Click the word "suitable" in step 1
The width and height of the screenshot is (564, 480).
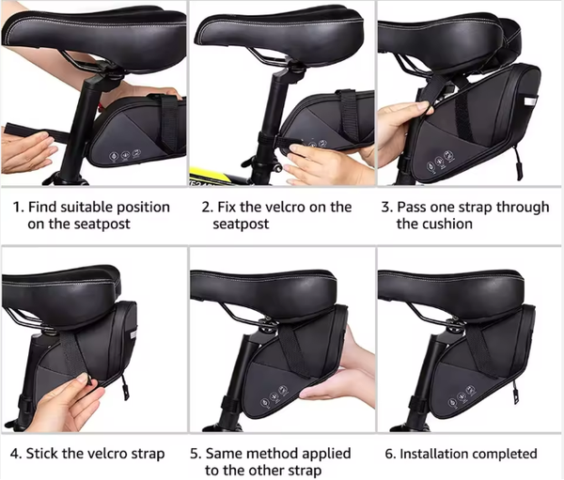(x=86, y=208)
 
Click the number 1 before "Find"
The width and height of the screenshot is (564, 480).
(x=18, y=208)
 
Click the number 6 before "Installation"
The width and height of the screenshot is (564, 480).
(x=390, y=454)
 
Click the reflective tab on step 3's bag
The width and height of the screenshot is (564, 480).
(x=530, y=101)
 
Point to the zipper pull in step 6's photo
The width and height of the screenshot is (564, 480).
(x=515, y=392)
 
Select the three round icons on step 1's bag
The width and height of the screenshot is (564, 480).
(x=125, y=155)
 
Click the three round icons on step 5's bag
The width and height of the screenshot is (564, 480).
(x=274, y=397)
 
